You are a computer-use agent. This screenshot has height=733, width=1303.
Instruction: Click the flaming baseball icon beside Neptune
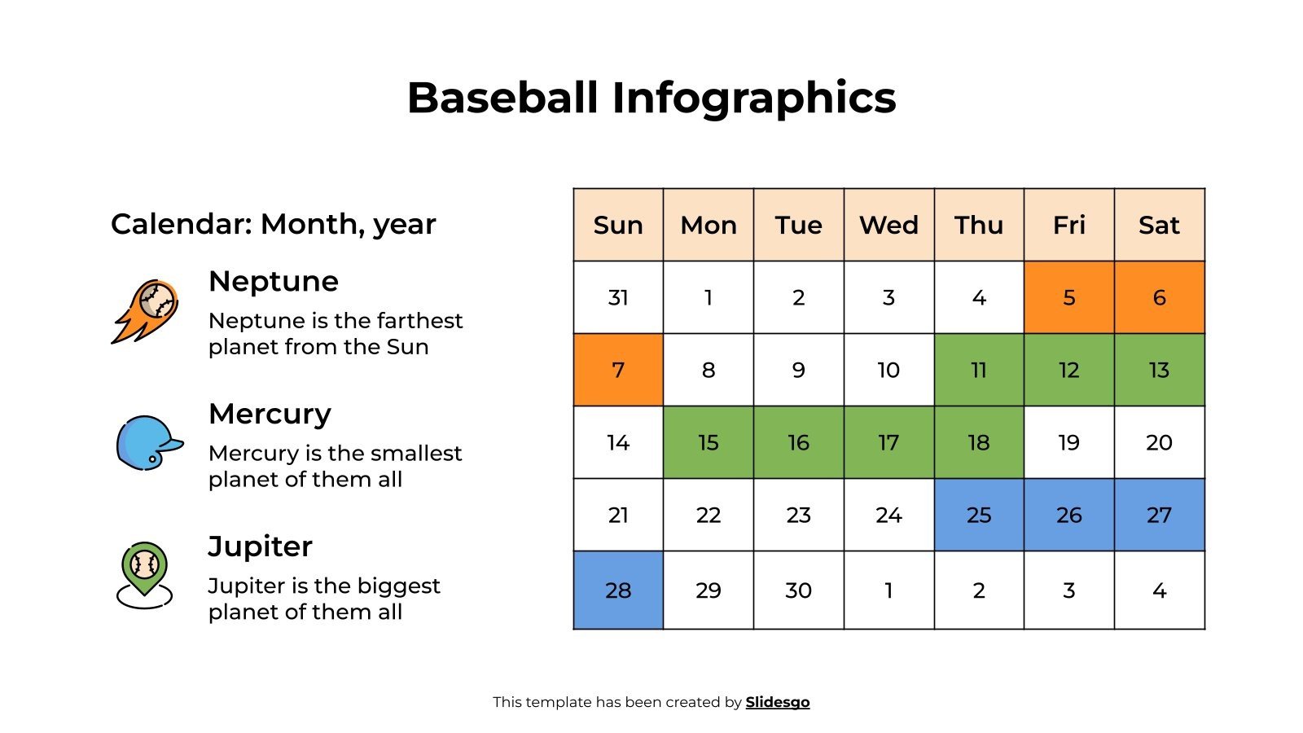click(x=145, y=310)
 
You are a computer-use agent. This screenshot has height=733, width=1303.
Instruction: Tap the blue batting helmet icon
click(x=148, y=443)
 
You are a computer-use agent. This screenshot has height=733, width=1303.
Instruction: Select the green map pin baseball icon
click(x=144, y=573)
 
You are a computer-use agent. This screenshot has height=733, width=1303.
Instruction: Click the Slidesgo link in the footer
click(x=777, y=702)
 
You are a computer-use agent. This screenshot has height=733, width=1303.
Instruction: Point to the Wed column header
click(x=888, y=225)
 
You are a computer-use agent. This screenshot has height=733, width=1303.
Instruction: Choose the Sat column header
click(x=1159, y=225)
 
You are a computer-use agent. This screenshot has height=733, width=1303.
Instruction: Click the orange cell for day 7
click(x=618, y=370)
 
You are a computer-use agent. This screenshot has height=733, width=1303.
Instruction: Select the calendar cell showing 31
click(x=618, y=297)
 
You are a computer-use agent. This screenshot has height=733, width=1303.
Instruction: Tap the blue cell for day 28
click(x=618, y=590)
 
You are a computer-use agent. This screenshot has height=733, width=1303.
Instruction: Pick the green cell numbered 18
click(x=979, y=442)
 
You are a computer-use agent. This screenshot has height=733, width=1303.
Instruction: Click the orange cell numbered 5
click(x=1068, y=297)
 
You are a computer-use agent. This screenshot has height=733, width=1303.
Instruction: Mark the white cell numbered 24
click(x=888, y=515)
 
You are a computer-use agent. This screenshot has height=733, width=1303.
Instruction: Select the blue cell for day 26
click(x=1068, y=515)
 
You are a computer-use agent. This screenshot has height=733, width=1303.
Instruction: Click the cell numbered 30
click(x=798, y=590)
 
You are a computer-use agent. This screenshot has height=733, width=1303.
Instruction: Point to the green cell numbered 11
click(x=979, y=370)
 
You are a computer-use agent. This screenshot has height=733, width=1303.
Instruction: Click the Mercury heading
click(x=270, y=414)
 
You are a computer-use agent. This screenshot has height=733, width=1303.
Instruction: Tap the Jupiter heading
click(x=260, y=546)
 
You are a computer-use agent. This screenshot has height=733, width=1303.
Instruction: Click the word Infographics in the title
click(x=753, y=98)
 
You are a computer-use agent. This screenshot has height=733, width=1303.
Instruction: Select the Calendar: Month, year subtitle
click(x=274, y=224)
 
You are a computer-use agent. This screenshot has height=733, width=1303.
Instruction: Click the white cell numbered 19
click(x=1068, y=442)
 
